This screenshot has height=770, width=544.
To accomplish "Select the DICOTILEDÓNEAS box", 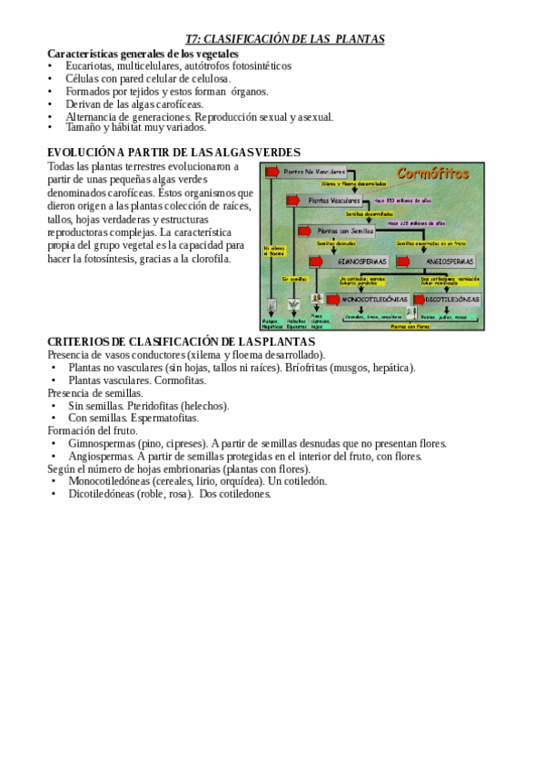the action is [x=454, y=298].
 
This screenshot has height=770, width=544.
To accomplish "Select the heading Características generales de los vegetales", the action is [x=143, y=54].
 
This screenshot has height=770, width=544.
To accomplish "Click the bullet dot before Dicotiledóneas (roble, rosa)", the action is [x=54, y=494].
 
